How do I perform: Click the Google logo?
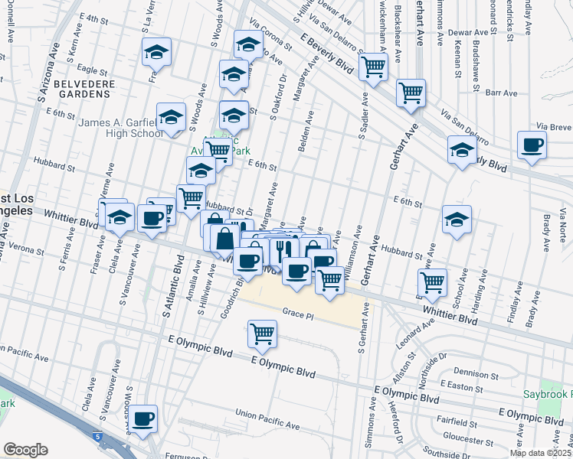point(25,450)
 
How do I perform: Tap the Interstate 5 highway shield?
point(99,436)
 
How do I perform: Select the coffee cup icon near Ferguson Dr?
point(142,420)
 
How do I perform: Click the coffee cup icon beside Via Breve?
point(532,145)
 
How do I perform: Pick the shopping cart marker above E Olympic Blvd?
point(263,334)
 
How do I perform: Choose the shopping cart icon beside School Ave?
point(433,282)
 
